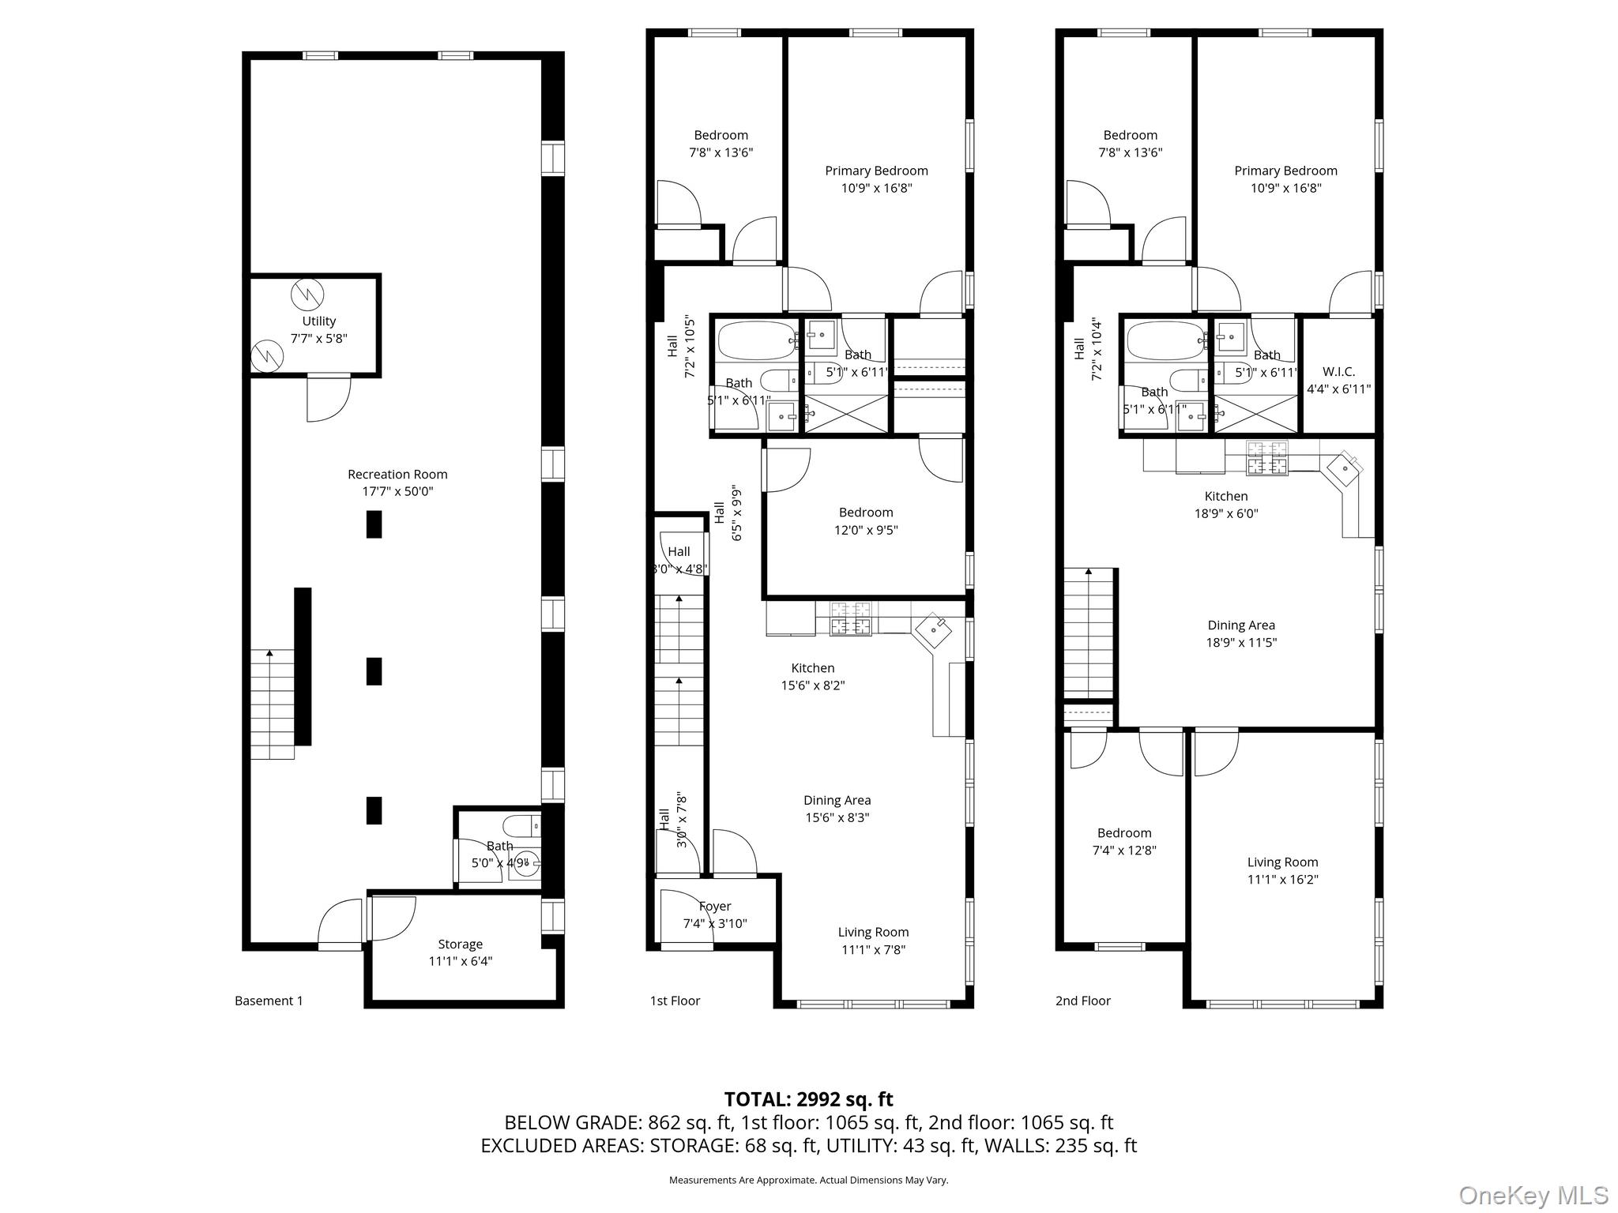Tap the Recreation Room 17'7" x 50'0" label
(397, 483)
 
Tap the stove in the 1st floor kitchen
(851, 618)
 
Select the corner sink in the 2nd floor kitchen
(1344, 469)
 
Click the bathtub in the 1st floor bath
(756, 341)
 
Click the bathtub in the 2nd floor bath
(1165, 341)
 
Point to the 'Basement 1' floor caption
(269, 1001)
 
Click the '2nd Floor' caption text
(1082, 1001)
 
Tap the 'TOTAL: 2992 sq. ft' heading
(808, 1098)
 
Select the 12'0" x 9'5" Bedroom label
(866, 521)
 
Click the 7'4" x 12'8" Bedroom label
(1123, 841)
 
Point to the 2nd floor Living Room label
(1282, 870)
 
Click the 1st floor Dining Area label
(837, 809)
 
